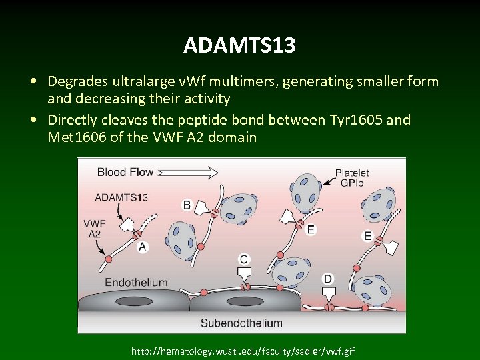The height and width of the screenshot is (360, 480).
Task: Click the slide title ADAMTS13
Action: pyautogui.click(x=240, y=45)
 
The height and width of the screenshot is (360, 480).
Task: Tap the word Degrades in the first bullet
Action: pyautogui.click(x=77, y=81)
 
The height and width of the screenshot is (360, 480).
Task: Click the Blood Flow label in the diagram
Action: pyautogui.click(x=125, y=172)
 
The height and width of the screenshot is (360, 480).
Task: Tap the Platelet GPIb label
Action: pyautogui.click(x=353, y=177)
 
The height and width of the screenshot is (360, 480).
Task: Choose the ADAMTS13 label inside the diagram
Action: pyautogui.click(x=122, y=197)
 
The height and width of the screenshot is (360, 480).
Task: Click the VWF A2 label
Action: pyautogui.click(x=94, y=228)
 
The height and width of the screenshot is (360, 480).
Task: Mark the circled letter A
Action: pyautogui.click(x=142, y=247)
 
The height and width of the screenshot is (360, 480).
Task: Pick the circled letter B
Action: pyautogui.click(x=187, y=204)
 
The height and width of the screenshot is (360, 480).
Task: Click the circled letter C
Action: pyautogui.click(x=244, y=259)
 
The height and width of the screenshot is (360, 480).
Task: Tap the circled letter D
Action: pyautogui.click(x=328, y=278)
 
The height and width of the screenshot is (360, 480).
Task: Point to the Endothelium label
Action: pyautogui.click(x=136, y=283)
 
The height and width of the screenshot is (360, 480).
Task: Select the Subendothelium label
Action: pyautogui.click(x=241, y=323)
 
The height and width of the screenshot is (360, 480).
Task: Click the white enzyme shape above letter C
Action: pyautogui.click(x=245, y=273)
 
